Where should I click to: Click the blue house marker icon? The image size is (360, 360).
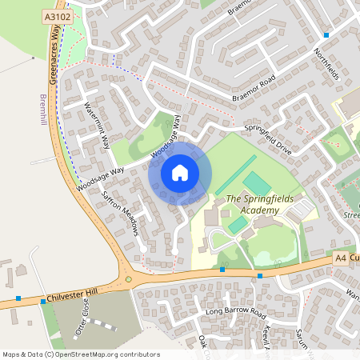(180, 173)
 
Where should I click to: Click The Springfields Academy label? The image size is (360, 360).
(252, 205)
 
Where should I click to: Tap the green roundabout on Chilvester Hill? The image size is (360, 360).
(128, 279)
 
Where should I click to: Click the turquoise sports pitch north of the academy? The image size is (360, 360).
(258, 182)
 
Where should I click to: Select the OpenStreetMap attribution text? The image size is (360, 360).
(81, 354)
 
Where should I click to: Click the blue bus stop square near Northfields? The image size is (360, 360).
(326, 35)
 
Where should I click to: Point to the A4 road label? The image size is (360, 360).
(340, 258)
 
